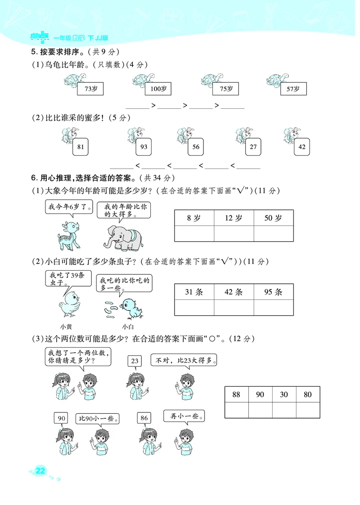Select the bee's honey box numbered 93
144,147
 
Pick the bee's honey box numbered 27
253,147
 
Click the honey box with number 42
302,147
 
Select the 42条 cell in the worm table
234,292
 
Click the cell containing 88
236,394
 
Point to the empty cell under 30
284,410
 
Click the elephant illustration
122,237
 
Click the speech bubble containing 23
134,361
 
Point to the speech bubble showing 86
144,418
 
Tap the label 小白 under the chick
128,327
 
